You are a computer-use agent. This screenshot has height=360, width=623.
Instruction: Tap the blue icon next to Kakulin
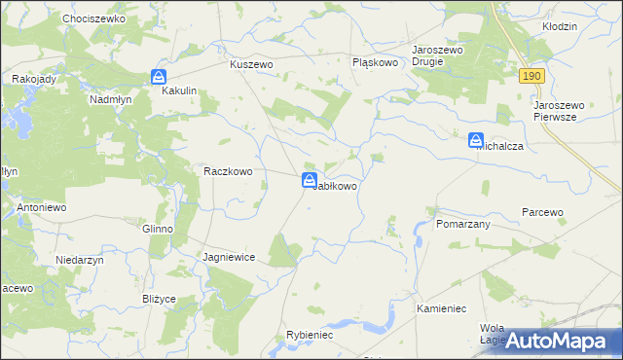pos(159,77)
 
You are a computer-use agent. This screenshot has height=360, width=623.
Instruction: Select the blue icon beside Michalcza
pos(476,141)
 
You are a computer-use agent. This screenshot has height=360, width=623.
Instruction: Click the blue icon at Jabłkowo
pos(309,180)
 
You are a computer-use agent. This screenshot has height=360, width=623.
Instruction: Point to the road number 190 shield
pos(531,76)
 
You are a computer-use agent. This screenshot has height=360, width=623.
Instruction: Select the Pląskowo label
pos(376,62)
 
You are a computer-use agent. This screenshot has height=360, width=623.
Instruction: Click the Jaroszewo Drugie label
pos(441,54)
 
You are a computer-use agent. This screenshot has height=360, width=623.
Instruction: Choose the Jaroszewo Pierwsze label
pos(565,110)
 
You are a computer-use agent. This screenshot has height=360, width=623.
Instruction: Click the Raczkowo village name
pos(228,171)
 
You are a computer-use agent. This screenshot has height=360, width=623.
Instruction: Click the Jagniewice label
pos(229,257)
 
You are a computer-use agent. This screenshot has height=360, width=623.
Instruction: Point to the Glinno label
pos(157,229)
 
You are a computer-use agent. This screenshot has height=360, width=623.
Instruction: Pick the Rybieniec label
pos(310,335)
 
